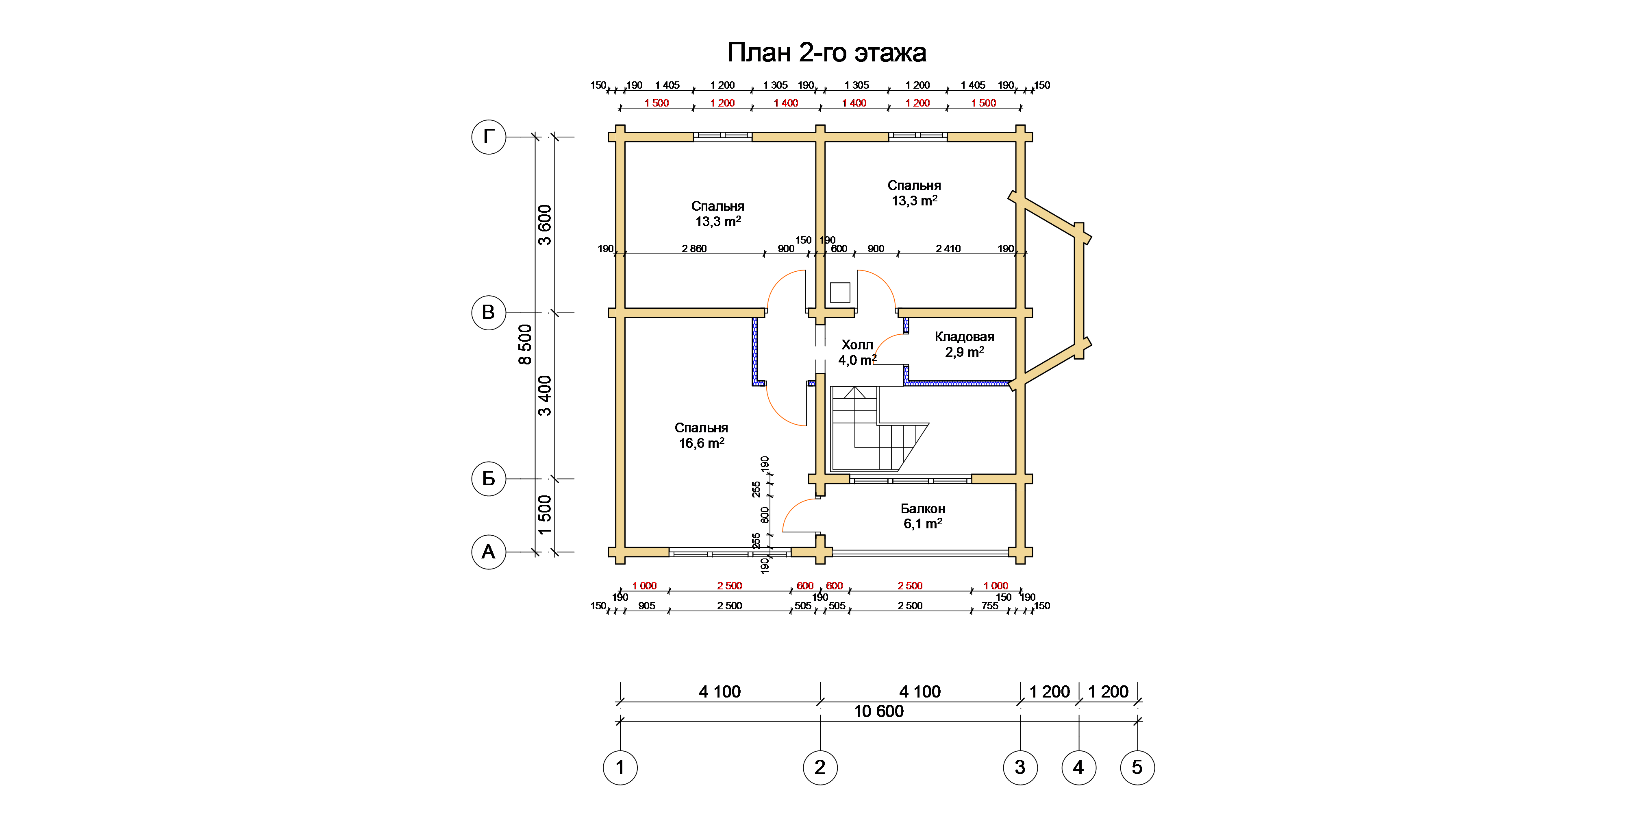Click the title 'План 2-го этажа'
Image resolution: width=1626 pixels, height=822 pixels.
click(x=826, y=52)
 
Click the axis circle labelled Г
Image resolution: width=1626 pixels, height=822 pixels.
click(x=489, y=136)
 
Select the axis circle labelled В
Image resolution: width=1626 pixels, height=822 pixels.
click(x=489, y=312)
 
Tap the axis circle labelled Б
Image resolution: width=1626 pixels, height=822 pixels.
click(x=489, y=479)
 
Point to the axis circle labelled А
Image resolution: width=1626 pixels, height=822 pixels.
click(x=489, y=552)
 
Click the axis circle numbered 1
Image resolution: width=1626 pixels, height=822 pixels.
click(x=620, y=768)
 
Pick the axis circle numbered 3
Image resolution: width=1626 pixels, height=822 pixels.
click(x=1020, y=768)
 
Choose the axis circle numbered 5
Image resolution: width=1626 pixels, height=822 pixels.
click(x=1137, y=768)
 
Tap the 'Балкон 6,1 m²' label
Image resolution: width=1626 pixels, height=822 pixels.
click(x=923, y=516)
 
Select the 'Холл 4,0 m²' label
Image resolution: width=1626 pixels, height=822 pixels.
click(x=857, y=352)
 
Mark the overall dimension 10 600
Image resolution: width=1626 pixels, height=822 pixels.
click(x=878, y=711)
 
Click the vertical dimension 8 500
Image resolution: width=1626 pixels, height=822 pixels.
click(x=525, y=344)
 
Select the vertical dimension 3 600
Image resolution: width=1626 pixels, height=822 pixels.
click(x=544, y=225)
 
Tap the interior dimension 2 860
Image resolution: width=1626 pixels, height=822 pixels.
click(x=694, y=249)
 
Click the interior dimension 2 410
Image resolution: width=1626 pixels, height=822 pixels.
click(x=948, y=249)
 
